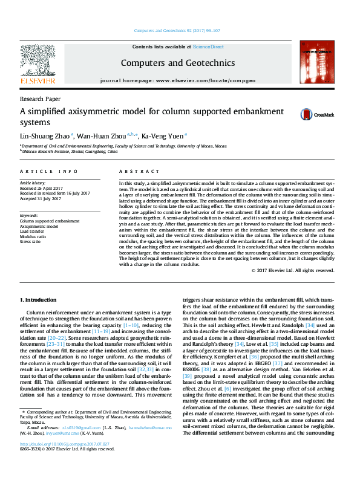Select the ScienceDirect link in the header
pos(208,47)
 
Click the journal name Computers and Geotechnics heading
pos(177,62)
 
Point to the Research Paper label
pos(40,98)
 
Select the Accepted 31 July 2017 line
pos(41,198)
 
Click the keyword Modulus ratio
pos(34,236)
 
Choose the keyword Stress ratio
pos(31,241)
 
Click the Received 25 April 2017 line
pos(41,187)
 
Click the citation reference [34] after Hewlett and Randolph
pos(310,325)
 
